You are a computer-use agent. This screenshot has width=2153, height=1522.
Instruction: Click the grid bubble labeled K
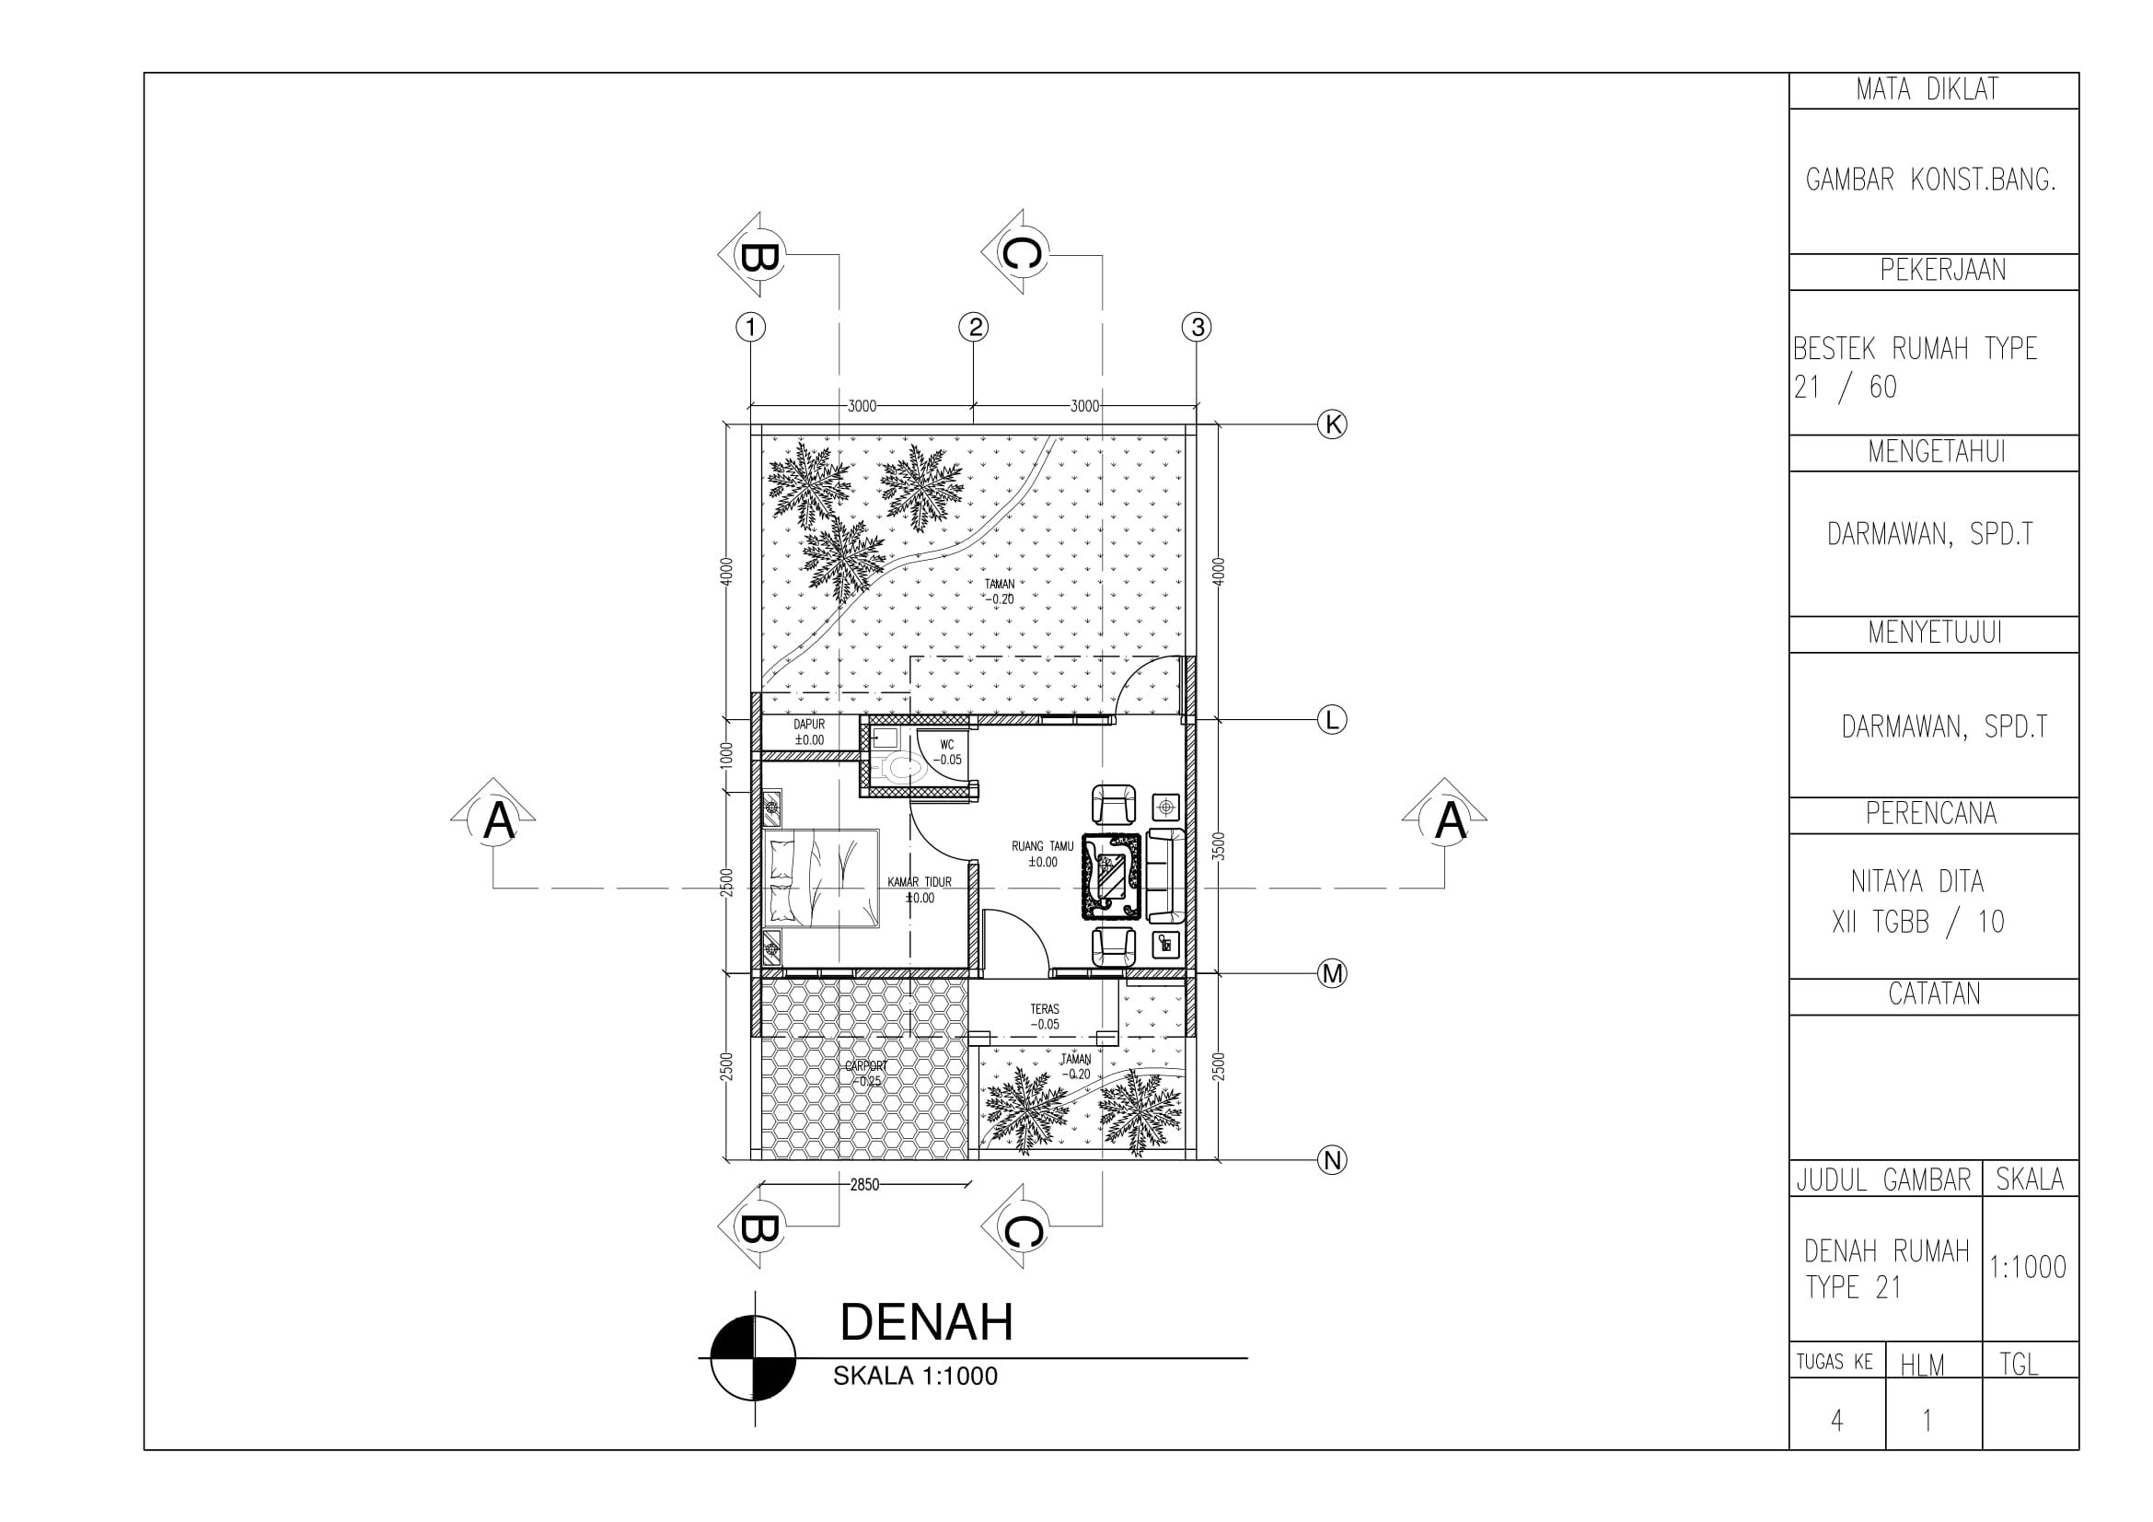click(1332, 424)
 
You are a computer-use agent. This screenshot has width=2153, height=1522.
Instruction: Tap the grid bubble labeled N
click(1332, 1161)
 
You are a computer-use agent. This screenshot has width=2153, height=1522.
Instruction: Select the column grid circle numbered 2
click(974, 327)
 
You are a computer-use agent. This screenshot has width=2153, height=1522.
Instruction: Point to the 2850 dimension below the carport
click(864, 1184)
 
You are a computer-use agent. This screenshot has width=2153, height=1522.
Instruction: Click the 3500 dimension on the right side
click(1218, 847)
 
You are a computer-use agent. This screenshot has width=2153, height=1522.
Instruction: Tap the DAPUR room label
click(809, 732)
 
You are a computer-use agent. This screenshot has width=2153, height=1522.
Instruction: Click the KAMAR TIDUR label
click(920, 890)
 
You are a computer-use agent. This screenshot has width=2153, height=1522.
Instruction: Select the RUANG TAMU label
click(1043, 854)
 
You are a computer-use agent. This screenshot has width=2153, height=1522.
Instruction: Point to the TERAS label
click(1045, 1017)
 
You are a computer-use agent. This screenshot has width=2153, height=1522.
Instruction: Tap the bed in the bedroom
click(820, 878)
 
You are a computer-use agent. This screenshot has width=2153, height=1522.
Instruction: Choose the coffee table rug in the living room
click(1112, 876)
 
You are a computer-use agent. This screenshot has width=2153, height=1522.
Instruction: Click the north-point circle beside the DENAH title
click(754, 1358)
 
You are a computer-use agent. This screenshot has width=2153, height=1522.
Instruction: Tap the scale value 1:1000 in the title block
click(2029, 1268)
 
